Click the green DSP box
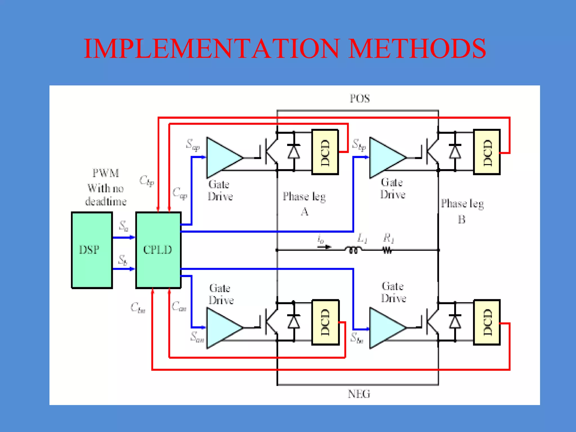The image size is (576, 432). pos(92,250)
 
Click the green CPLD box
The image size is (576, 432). pos(158,250)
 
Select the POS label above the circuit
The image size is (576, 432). pos(360,98)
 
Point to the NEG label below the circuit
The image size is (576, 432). pos(359,394)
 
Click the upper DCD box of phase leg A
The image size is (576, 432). pos(325,152)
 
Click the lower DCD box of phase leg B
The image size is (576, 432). pos(487,322)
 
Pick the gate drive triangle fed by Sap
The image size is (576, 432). pos(222,157)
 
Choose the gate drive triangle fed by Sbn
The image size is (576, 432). pos(385,328)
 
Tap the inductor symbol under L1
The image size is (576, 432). pos(353,250)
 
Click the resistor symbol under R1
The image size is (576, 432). pos(387,250)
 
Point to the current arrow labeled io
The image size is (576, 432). pos(324,247)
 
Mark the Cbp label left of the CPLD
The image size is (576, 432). pos(147,181)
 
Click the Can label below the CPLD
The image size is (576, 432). pos(179,306)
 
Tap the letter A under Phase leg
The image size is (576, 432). pos(305,211)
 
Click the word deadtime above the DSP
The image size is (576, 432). pos(106,201)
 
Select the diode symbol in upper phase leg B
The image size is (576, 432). pos(455,152)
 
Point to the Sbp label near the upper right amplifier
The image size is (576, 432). pos(359,145)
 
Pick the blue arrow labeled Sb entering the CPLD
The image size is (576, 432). pos(124,269)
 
